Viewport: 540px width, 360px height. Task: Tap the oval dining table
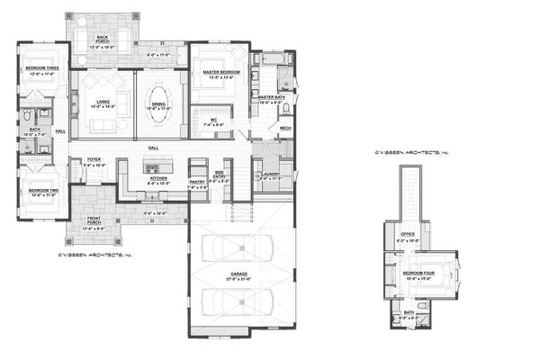pos(158,98)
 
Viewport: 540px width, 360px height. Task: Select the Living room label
pos(103,102)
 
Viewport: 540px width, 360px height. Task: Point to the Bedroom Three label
pos(42,67)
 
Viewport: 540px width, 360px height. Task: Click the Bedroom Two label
pos(42,190)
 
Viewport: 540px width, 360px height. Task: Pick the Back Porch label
pos(103,38)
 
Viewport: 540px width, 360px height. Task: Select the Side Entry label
pos(219,176)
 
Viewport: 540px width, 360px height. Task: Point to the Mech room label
pos(284,128)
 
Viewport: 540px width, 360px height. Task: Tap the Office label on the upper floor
pos(406,238)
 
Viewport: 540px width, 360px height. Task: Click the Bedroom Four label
pos(419,271)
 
